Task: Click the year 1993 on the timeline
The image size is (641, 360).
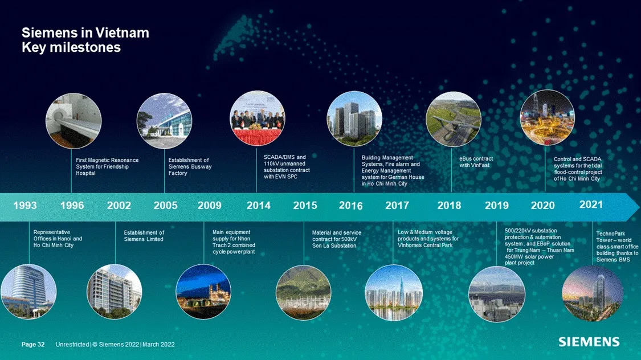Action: click(25, 206)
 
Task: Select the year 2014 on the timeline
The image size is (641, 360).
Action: click(259, 206)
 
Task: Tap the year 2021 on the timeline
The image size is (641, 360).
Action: click(591, 204)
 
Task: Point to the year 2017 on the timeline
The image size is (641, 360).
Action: click(397, 206)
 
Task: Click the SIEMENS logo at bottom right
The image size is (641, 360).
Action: click(589, 342)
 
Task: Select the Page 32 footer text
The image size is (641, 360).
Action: click(33, 345)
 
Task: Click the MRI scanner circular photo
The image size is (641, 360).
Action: click(73, 121)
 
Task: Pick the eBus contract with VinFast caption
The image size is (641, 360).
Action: click(476, 162)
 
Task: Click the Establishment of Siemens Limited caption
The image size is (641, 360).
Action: click(144, 236)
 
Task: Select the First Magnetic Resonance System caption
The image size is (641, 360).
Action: click(107, 166)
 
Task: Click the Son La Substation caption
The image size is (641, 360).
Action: click(337, 239)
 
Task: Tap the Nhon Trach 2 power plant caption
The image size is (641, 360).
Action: click(234, 242)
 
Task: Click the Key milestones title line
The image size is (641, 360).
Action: click(71, 48)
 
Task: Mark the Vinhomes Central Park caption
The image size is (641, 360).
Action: click(428, 239)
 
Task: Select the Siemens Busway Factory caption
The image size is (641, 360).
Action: click(190, 166)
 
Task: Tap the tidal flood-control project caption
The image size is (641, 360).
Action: click(577, 169)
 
